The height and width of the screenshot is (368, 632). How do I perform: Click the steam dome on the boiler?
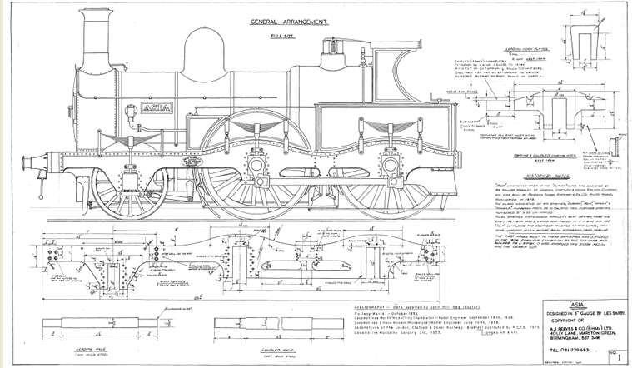click(201, 58)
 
